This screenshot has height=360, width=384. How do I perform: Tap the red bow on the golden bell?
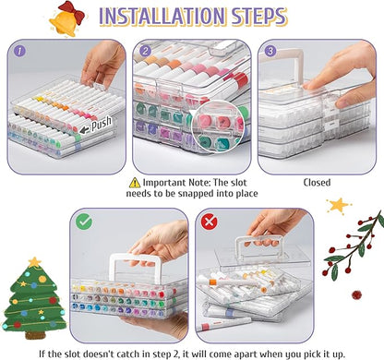tap(72, 11)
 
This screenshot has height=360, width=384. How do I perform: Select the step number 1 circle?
tap(19, 51)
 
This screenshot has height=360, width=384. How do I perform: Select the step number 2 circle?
tap(145, 51)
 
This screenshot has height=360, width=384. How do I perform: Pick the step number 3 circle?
tap(270, 51)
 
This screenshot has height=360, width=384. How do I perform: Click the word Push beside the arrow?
tap(102, 124)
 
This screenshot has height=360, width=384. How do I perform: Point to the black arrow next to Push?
tap(84, 130)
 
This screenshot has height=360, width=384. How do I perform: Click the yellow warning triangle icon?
tap(135, 183)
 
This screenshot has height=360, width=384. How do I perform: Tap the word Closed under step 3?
tap(317, 183)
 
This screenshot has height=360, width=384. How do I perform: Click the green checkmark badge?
tap(84, 222)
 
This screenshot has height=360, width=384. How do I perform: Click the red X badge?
tap(209, 222)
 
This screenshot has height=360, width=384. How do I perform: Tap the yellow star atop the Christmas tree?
tap(34, 262)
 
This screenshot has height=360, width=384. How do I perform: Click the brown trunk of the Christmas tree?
tap(35, 335)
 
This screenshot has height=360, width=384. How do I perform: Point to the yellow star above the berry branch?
tap(339, 206)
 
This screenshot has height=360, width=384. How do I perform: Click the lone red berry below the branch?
tap(356, 294)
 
